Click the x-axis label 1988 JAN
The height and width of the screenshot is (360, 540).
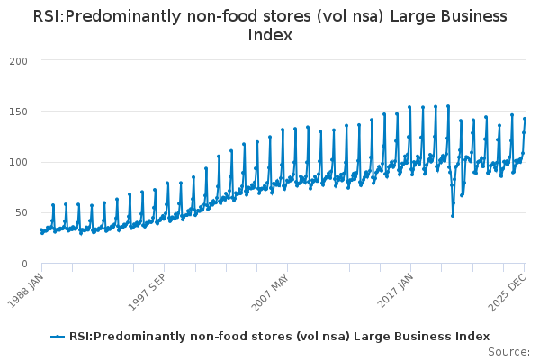[x=26, y=289]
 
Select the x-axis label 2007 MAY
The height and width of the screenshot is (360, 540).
[x=270, y=289]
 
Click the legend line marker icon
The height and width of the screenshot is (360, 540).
[x=58, y=337]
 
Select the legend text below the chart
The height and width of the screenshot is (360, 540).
[x=279, y=337]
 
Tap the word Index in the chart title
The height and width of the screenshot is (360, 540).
[x=269, y=35]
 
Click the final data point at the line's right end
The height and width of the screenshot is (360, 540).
[x=525, y=119]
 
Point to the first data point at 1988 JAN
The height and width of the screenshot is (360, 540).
[x=41, y=230]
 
